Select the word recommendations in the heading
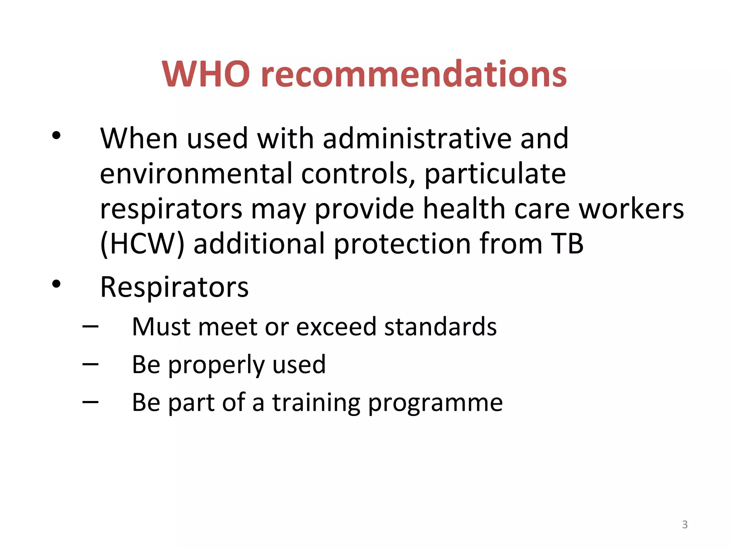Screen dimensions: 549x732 (x=414, y=74)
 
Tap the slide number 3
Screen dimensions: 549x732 (x=685, y=524)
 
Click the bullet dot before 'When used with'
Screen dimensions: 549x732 (x=56, y=135)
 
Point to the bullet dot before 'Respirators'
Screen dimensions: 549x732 (x=56, y=284)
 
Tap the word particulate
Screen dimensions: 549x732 (x=495, y=174)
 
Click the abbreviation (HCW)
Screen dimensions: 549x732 (x=142, y=244)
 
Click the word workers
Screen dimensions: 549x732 (x=631, y=209)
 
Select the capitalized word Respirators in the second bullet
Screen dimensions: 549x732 (x=174, y=287)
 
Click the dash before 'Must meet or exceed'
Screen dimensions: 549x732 (x=90, y=326)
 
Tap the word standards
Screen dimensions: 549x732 (x=440, y=327)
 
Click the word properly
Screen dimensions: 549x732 (x=216, y=365)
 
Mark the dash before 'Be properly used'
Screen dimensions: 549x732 (x=90, y=364)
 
